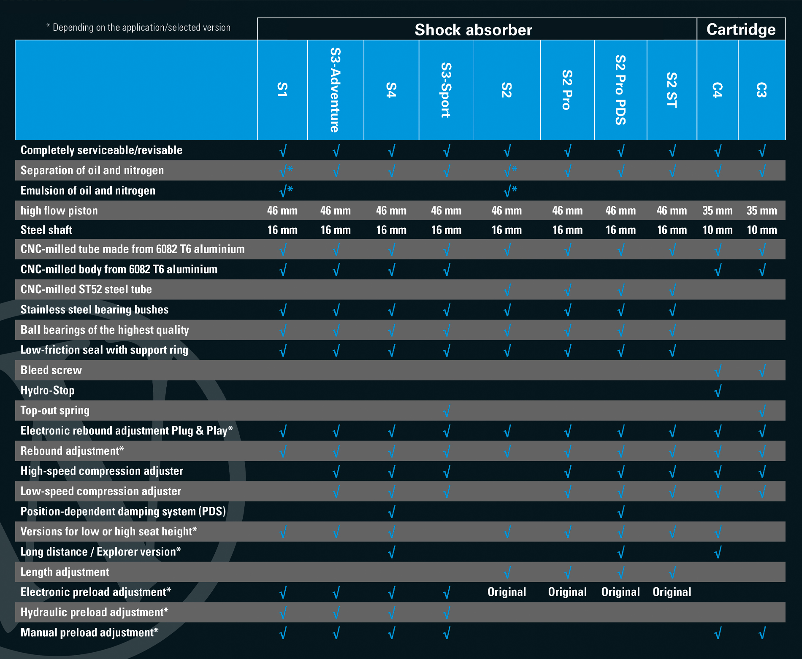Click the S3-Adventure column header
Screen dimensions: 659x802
(x=335, y=90)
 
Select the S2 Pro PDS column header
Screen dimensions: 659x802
(x=620, y=90)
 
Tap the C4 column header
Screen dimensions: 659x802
(x=717, y=90)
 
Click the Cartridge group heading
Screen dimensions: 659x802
(x=741, y=30)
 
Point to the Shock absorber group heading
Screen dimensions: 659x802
(x=473, y=30)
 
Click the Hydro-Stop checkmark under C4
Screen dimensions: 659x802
(x=718, y=391)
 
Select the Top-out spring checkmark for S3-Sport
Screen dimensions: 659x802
(x=447, y=411)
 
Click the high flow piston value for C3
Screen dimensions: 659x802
(x=761, y=211)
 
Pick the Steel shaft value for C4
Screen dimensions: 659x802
(x=717, y=230)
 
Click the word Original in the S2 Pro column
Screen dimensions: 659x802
(x=567, y=592)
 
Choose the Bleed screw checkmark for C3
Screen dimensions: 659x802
(x=762, y=371)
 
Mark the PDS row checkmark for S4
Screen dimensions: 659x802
(x=391, y=512)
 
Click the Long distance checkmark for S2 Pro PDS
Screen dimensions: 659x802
(x=620, y=552)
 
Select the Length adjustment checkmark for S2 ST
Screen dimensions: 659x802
(x=672, y=573)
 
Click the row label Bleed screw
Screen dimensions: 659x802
(x=51, y=370)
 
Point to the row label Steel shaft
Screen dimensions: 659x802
(x=46, y=230)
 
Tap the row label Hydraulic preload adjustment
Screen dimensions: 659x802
(x=94, y=612)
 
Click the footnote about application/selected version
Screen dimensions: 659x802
(x=138, y=27)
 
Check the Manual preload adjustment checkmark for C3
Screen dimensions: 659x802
(x=762, y=633)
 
